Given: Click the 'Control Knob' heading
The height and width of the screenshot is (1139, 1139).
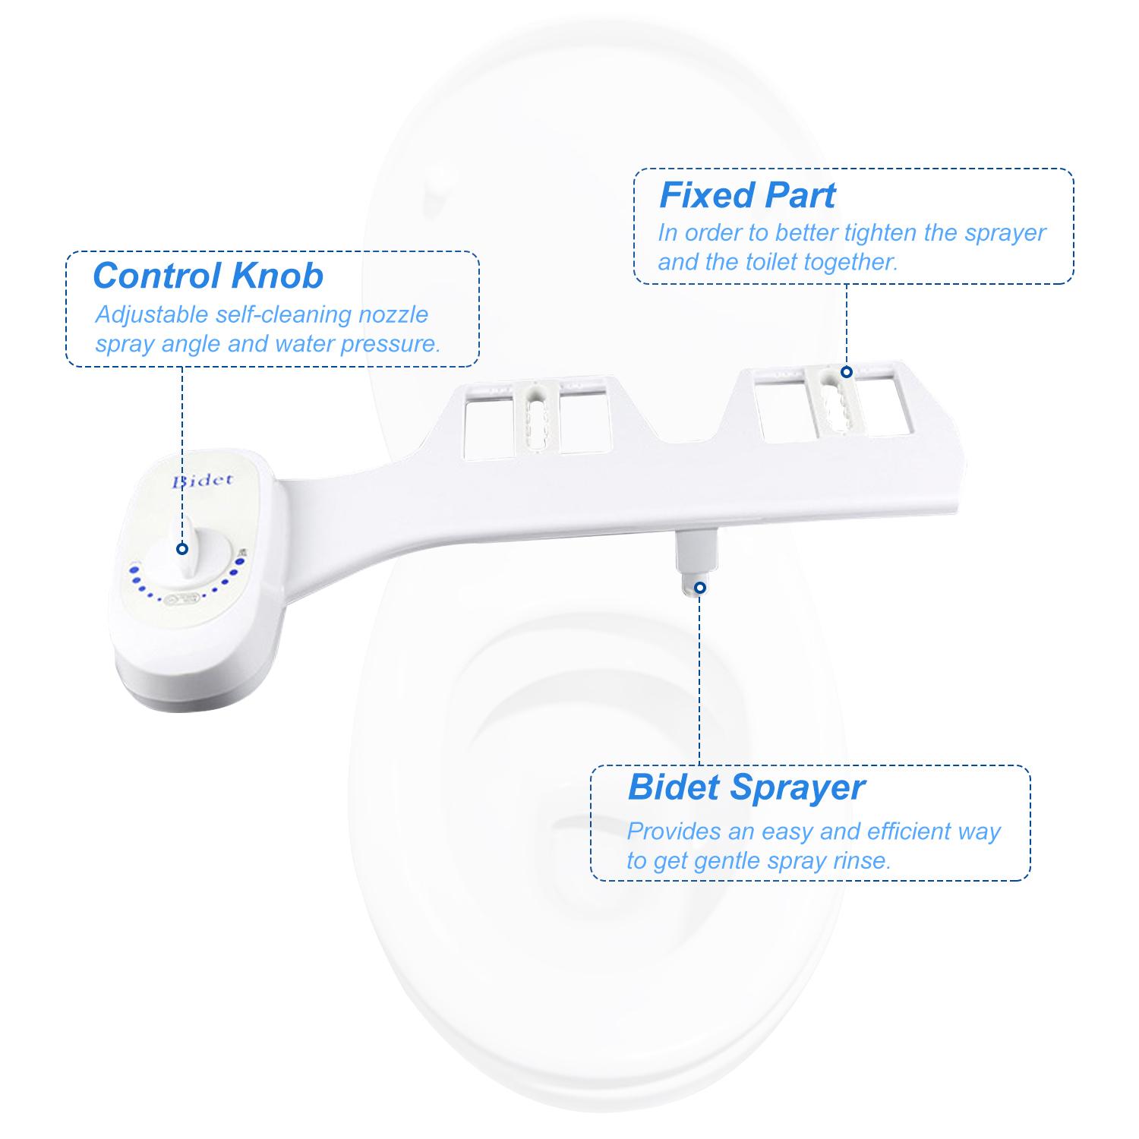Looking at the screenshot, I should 207,276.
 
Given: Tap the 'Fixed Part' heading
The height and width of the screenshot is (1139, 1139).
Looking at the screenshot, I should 747,195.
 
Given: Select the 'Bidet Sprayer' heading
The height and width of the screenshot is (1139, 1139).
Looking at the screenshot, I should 746,787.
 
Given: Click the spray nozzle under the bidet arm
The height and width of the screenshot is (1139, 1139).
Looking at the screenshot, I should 696,562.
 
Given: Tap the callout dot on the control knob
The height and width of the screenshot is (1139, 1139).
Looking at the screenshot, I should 182,548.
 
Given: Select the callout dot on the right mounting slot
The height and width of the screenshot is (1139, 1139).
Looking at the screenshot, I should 847,371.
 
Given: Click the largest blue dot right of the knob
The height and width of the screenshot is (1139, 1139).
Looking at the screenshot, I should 241,562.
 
